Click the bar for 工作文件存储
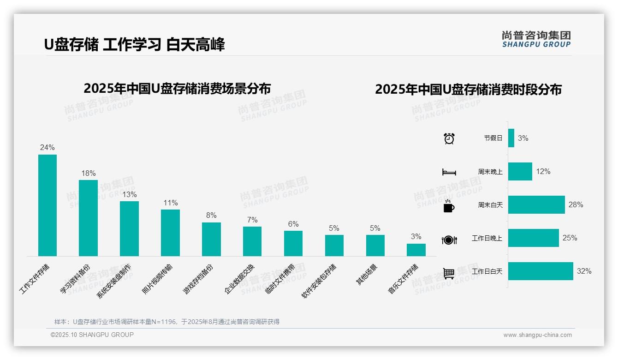click(x=48, y=205)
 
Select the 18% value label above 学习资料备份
click(x=88, y=174)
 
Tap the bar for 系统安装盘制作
click(x=129, y=228)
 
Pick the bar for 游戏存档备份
click(x=211, y=239)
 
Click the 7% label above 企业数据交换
click(x=252, y=220)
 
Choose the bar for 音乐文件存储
click(x=416, y=250)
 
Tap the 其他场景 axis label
click(x=367, y=275)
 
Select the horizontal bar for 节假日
click(x=511, y=138)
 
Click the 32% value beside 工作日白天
click(x=584, y=271)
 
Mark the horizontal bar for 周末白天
click(x=536, y=204)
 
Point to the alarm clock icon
click(x=449, y=138)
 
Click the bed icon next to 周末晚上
click(x=449, y=172)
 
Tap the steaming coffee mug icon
click(x=449, y=206)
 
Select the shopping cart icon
click(x=449, y=273)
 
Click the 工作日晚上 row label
click(x=487, y=238)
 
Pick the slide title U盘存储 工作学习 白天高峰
click(x=134, y=45)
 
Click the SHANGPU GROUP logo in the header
click(x=536, y=39)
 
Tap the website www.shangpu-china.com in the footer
click(x=537, y=335)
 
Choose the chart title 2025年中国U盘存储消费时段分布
click(x=468, y=90)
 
